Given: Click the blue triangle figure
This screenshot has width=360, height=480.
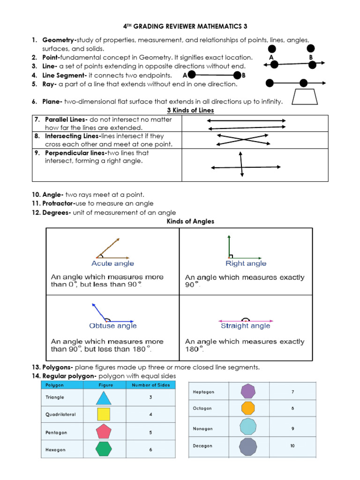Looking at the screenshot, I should click(104, 398).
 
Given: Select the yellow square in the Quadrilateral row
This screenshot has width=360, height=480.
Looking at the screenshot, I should click(104, 414).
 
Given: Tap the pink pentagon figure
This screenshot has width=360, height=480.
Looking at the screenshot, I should click(104, 432).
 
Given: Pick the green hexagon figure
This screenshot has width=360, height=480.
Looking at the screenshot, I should click(104, 449).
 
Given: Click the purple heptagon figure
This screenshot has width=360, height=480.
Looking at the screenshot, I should click(247, 391).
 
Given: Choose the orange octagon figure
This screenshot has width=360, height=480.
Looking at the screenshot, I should click(247, 408).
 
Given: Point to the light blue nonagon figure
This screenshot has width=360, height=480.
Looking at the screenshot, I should click(247, 427).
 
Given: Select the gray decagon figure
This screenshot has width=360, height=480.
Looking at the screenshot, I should click(248, 446).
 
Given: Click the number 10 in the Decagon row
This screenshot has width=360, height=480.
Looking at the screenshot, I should click(292, 446).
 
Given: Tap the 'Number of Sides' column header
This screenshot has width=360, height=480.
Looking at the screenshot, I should click(150, 385).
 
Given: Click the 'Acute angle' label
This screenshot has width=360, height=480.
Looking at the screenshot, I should click(112, 263).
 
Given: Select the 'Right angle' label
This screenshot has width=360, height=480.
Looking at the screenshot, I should click(246, 263).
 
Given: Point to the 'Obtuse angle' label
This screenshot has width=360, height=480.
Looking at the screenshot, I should click(113, 326).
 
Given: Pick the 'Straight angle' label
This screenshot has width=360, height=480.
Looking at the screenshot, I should click(246, 326).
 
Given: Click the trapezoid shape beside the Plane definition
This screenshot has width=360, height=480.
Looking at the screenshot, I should click(305, 97).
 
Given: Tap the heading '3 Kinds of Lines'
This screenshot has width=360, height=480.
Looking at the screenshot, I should click(190, 111).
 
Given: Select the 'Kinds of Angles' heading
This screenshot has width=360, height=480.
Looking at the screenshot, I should click(190, 221).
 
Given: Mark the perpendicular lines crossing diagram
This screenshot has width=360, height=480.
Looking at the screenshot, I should click(242, 166).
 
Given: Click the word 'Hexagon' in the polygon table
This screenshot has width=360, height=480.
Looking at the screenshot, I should click(55, 450).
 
